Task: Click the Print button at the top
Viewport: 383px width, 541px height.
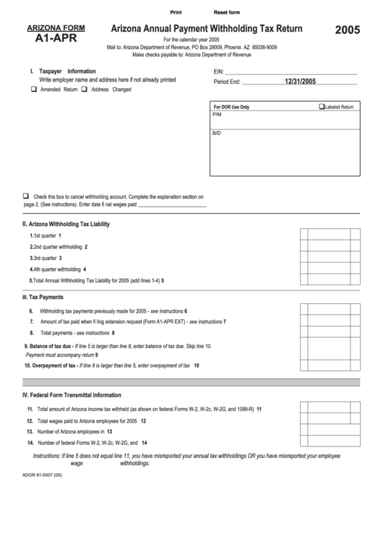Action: click(176, 13)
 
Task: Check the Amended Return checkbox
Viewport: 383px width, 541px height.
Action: click(33, 90)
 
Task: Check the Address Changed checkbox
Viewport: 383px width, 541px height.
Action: click(84, 90)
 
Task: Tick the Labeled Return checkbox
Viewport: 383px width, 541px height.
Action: click(322, 106)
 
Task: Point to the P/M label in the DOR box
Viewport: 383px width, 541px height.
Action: click(217, 115)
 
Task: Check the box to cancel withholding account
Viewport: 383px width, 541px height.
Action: click(27, 196)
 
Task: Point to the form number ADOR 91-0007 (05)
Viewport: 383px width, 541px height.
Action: click(43, 476)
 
